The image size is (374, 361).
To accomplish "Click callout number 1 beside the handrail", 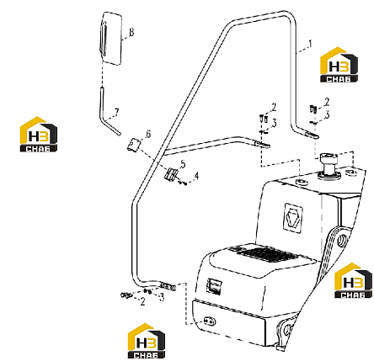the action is [x=310, y=44].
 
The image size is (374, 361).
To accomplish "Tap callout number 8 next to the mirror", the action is [x=131, y=32].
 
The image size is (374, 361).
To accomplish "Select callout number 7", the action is [x=116, y=112].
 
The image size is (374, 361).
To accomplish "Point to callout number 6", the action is [x=148, y=134].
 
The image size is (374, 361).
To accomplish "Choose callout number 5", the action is [x=183, y=164].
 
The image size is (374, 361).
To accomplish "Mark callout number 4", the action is [x=196, y=176].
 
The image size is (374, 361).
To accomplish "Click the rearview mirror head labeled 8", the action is [x=110, y=39].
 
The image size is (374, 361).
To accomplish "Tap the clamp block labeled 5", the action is [x=171, y=175].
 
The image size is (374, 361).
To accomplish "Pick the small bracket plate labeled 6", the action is [x=134, y=145].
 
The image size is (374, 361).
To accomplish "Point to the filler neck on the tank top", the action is [x=329, y=167].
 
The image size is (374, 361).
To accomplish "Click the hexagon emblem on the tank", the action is [x=293, y=218].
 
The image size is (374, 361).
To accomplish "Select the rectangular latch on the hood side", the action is [x=214, y=286].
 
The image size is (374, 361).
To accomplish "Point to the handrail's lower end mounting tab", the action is [x=168, y=287].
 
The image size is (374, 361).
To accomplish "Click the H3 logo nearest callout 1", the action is [x=339, y=65].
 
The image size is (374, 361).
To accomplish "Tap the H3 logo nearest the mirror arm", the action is [x=39, y=134].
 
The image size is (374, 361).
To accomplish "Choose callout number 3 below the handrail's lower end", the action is [x=162, y=297].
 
